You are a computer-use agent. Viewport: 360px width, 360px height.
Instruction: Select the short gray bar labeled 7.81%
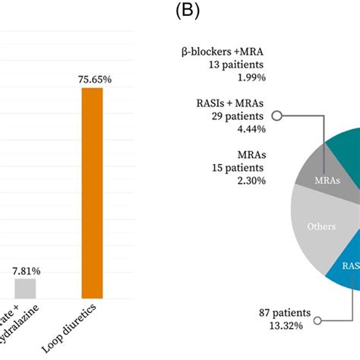click(x=25, y=288)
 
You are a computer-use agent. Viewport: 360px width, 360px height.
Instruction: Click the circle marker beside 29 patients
click(x=277, y=116)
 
